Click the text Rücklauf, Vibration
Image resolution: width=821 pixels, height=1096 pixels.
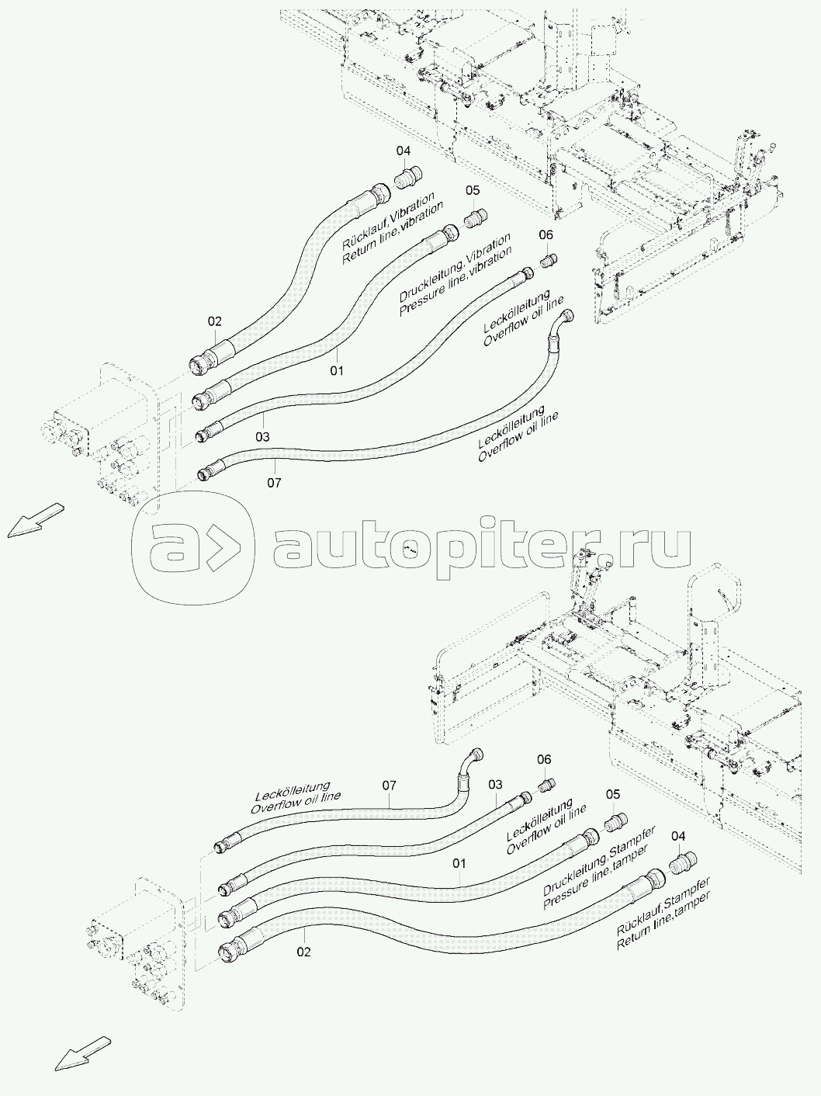click(388, 220)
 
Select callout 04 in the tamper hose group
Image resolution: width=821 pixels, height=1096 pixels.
click(678, 835)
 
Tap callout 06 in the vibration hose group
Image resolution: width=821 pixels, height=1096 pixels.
click(546, 234)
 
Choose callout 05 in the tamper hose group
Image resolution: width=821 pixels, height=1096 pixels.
click(613, 794)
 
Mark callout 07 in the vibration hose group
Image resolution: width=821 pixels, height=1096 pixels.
click(274, 483)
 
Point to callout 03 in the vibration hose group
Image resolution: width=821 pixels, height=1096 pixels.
click(262, 438)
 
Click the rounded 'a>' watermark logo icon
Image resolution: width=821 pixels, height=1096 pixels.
click(193, 548)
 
